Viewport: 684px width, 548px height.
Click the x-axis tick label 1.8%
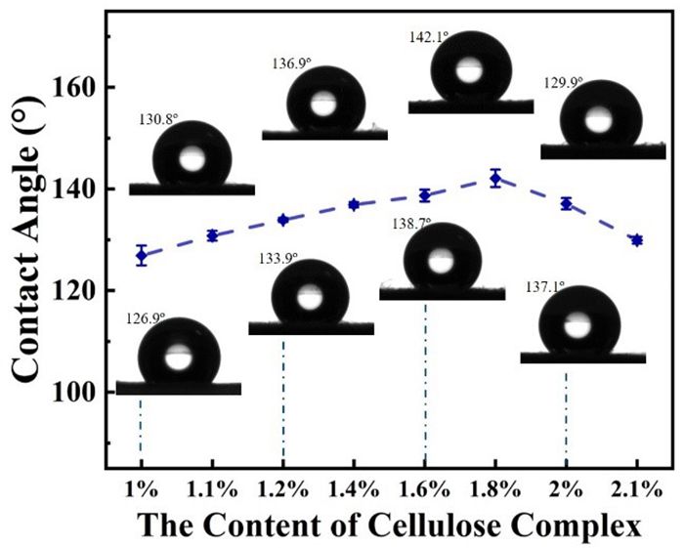(495, 486)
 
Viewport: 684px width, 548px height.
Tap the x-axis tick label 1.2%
(282, 486)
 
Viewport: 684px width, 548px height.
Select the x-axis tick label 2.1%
(636, 486)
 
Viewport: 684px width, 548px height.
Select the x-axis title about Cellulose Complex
(389, 526)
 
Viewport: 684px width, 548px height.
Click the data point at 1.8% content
(495, 179)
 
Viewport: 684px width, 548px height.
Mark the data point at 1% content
(142, 256)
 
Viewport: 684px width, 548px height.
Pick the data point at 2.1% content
(636, 240)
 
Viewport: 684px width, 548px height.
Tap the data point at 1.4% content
(354, 204)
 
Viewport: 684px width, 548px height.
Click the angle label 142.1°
(428, 37)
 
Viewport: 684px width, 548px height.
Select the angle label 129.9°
(562, 84)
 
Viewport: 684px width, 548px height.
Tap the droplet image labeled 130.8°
(192, 156)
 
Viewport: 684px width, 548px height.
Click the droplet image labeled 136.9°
(324, 102)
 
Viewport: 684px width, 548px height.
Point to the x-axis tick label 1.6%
(425, 486)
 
